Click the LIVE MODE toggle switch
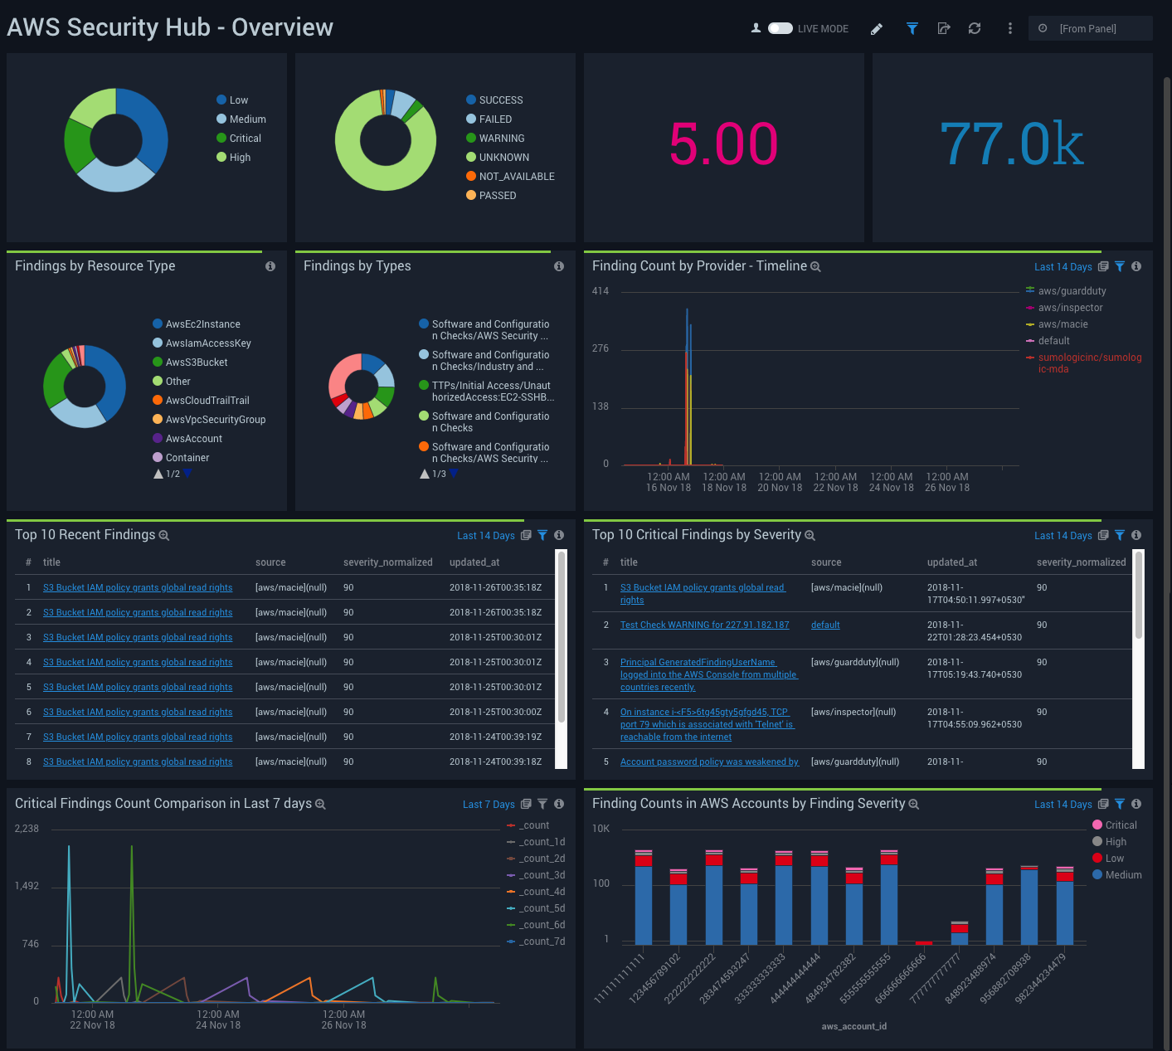tap(780, 28)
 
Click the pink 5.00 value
tap(723, 144)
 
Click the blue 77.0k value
tap(1011, 144)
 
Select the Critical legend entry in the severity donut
tap(245, 139)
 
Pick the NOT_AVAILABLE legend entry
tap(516, 177)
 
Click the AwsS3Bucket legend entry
tap(196, 362)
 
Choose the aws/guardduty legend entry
tap(1072, 291)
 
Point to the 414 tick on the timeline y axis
tap(601, 291)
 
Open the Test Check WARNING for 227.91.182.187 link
tap(704, 625)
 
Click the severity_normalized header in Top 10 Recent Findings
tap(387, 562)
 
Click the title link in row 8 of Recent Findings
tap(138, 761)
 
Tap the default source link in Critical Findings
tap(825, 625)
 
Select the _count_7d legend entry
tap(542, 942)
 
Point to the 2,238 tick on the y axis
tap(27, 829)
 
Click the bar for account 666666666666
tap(923, 943)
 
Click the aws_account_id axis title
tap(853, 1026)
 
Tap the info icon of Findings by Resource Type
tap(270, 266)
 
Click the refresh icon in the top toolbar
tap(975, 28)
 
